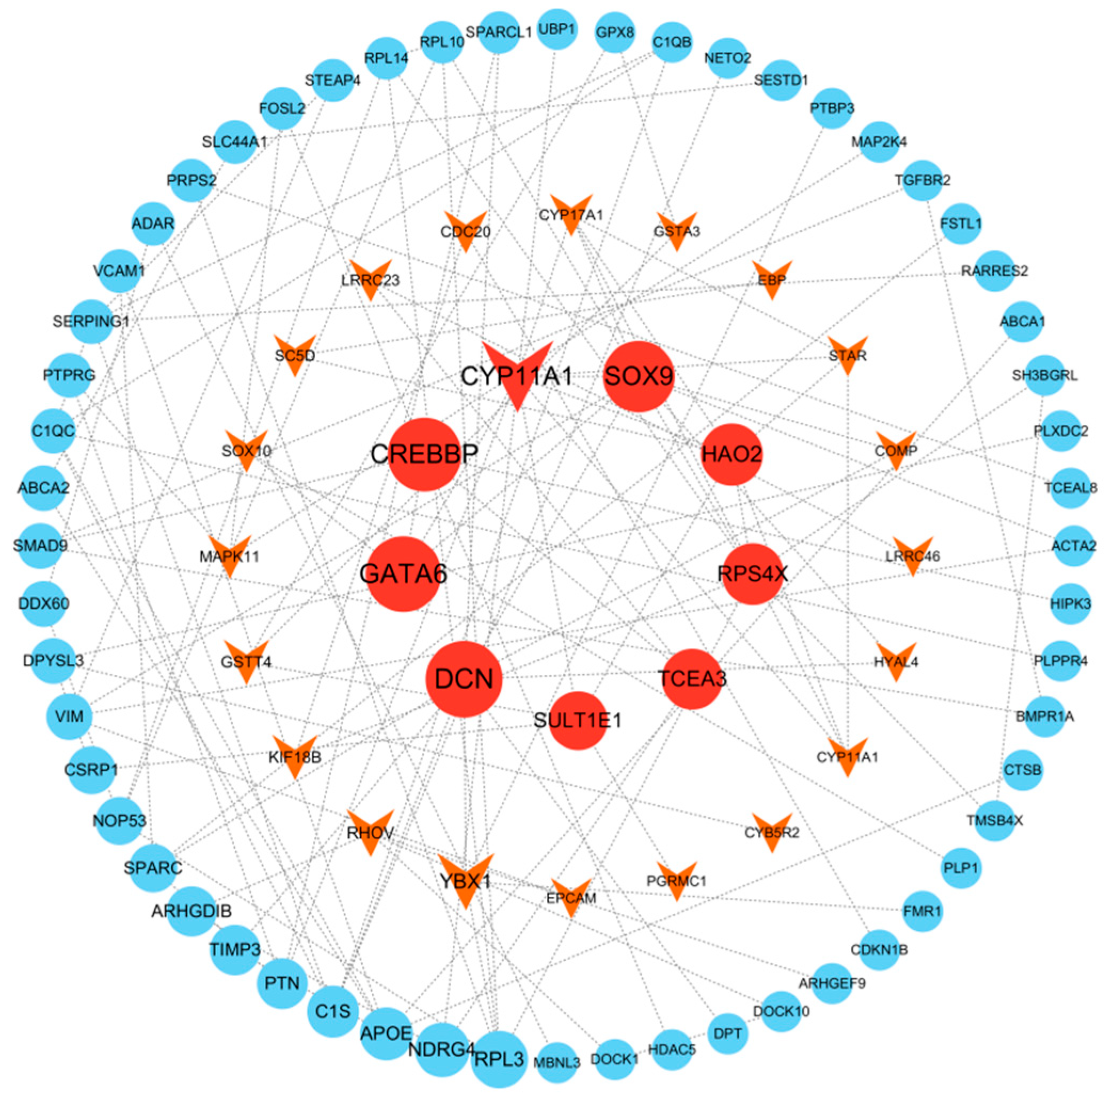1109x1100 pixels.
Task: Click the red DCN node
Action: tap(464, 679)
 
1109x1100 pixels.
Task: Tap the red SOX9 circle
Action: tap(639, 377)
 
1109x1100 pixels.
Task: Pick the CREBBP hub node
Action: tap(424, 454)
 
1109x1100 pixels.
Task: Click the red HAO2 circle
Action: tap(731, 454)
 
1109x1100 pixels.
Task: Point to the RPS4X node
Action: tap(753, 573)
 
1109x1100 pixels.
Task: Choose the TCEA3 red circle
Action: tap(692, 679)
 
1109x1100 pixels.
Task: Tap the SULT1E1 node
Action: tap(578, 720)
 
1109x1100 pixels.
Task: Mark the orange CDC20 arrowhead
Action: tap(466, 229)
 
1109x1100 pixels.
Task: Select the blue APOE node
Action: tap(386, 1033)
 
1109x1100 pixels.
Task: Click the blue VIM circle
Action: tap(69, 716)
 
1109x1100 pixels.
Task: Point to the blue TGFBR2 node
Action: tap(922, 180)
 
